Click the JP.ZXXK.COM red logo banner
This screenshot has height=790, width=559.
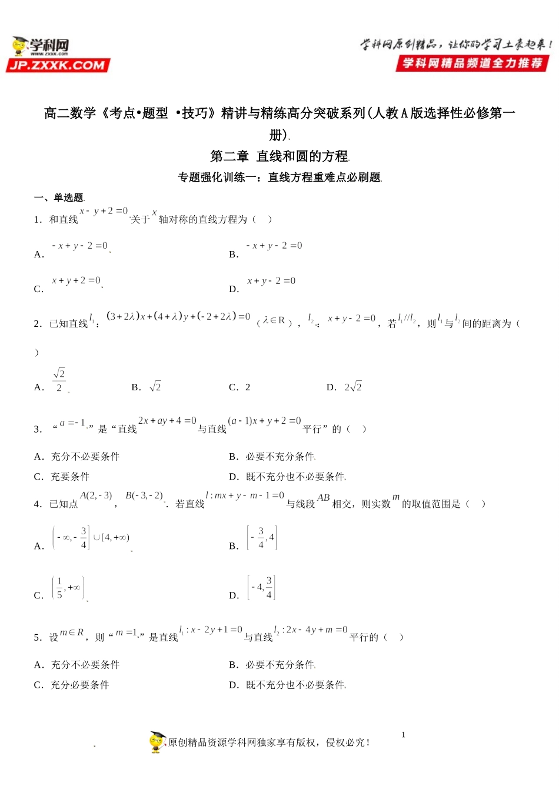coord(58,65)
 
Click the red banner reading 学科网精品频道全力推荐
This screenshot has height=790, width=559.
coord(472,63)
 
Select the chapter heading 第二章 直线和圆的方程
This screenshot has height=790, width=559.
coord(279,156)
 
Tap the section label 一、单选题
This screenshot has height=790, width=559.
coord(59,197)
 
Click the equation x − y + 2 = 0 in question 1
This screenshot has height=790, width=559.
coord(104,211)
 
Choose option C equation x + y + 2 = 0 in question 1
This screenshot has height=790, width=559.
coord(76,281)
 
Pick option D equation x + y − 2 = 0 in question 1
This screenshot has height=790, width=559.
coord(271,281)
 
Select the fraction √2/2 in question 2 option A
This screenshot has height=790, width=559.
coord(59,380)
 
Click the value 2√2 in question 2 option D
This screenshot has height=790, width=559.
coord(353,387)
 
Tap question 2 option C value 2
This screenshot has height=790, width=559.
coord(248,387)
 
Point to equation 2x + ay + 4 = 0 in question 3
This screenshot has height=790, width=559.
coord(167,421)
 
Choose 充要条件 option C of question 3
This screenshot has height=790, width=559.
coord(70,477)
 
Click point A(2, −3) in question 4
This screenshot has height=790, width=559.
coord(96,496)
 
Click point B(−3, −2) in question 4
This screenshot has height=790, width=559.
coord(144,496)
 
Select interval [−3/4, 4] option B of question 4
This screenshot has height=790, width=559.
coord(261,538)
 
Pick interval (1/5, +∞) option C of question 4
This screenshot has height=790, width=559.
coord(68,587)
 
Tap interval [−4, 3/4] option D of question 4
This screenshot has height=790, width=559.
coord(261,587)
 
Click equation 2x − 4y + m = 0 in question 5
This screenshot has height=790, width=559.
coord(311,630)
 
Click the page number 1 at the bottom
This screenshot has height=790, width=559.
coord(403,735)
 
